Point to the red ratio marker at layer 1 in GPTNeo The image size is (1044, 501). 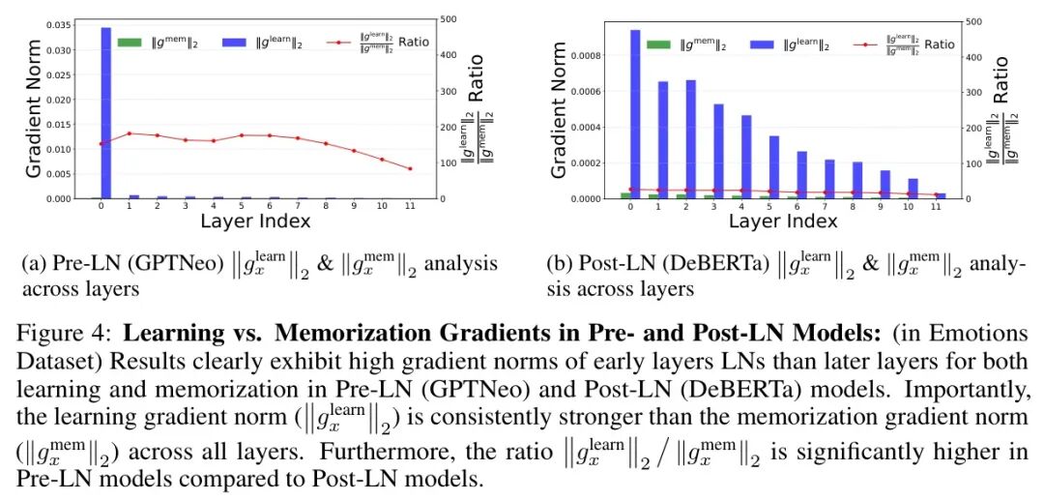(x=129, y=133)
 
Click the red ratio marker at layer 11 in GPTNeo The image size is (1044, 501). (x=410, y=169)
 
